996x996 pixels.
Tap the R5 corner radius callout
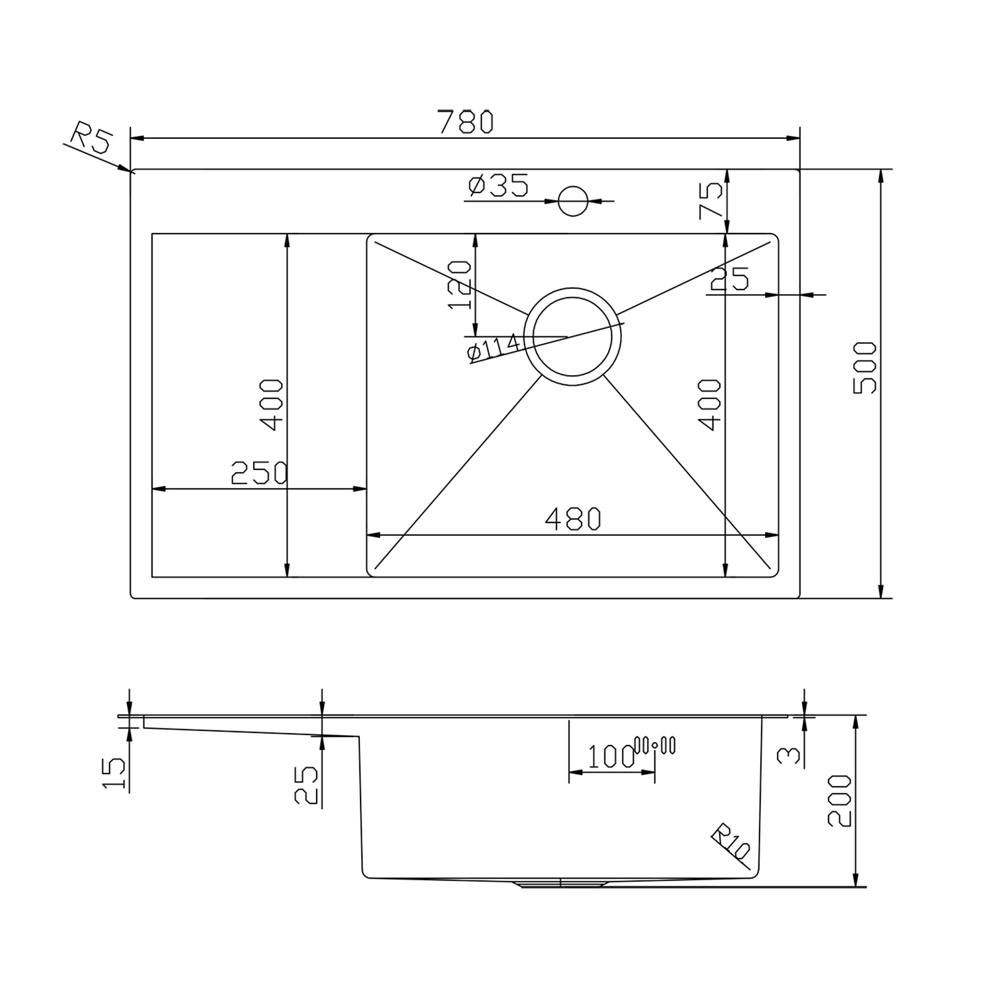pos(91,137)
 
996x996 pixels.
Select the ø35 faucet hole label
pos(498,185)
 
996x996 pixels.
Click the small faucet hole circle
pos(573,201)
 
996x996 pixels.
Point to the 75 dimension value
pos(710,201)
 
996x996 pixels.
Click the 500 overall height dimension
pos(865,368)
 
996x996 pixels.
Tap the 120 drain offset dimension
pos(459,285)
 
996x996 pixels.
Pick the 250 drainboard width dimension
pos(259,473)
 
